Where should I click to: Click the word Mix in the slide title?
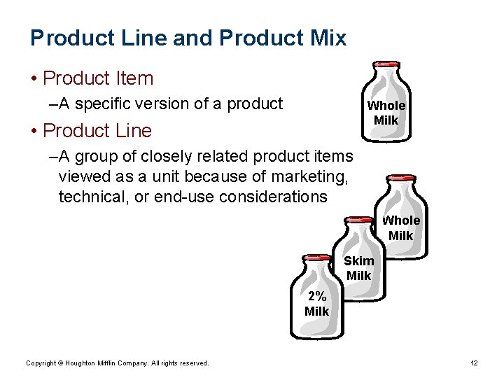point(328,38)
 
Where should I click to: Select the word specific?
point(102,104)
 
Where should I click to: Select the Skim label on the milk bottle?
point(358,261)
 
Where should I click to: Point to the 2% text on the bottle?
point(316,296)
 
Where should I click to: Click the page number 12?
point(474,363)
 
